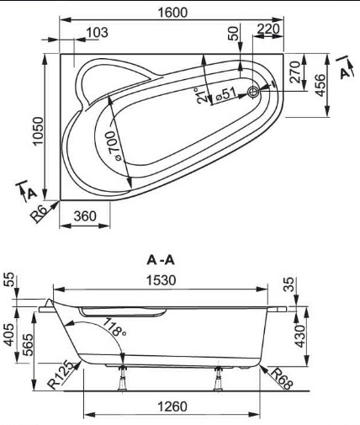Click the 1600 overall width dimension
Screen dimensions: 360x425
tap(172, 13)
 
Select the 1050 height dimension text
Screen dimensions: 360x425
tap(38, 131)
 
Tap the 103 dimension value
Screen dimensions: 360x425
tap(97, 33)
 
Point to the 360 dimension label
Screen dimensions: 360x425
tap(85, 216)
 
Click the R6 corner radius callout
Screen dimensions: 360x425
tap(38, 214)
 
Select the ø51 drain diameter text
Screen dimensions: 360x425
tap(226, 93)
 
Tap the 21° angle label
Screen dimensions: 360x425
tap(202, 96)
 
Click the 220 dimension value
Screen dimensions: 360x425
tap(268, 29)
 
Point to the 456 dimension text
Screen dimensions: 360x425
tap(320, 85)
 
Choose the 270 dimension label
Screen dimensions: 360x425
tap(295, 72)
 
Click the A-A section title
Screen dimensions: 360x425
tap(161, 261)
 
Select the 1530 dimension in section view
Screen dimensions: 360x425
tap(161, 280)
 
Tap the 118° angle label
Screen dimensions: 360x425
tap(114, 327)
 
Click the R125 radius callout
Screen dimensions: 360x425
tap(60, 375)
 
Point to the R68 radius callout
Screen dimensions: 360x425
tap(281, 379)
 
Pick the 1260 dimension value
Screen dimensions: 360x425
tap(172, 406)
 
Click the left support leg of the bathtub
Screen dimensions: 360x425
tap(123, 378)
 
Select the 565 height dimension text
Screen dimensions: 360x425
tap(29, 345)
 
